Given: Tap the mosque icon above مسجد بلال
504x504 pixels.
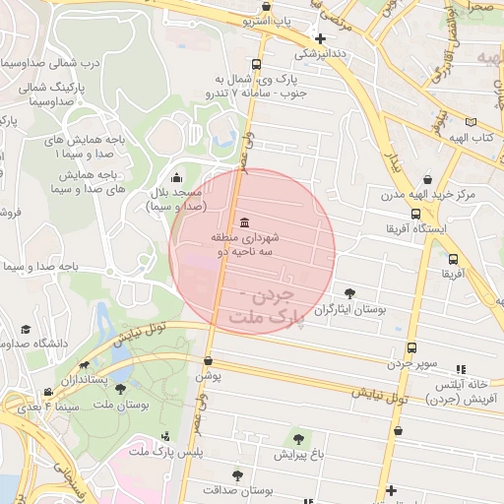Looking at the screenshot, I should click(176, 178).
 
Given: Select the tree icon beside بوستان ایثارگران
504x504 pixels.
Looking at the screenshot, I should click(350, 293).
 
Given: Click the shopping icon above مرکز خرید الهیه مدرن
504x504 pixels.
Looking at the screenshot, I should click(428, 179).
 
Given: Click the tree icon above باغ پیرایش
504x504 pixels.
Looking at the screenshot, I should click(298, 438).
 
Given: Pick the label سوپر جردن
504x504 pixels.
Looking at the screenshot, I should click(410, 364).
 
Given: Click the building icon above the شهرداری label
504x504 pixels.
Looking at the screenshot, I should click(244, 220).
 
